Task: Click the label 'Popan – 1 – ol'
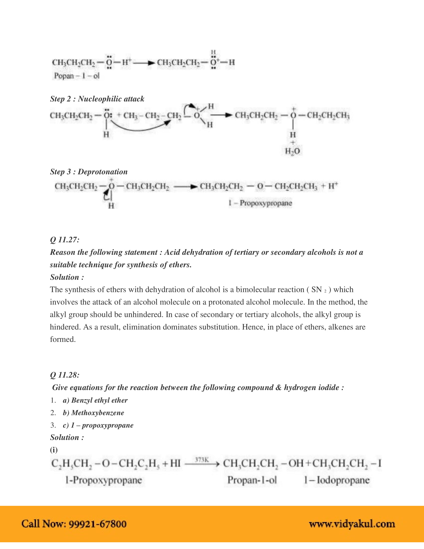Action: point(77,76)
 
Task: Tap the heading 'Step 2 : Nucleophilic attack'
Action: point(97,99)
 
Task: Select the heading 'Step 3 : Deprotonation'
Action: point(89,172)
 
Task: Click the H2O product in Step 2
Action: point(292,151)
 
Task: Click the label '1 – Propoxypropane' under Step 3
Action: point(260,203)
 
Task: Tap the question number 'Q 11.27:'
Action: point(65,240)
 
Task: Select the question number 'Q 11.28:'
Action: point(65,375)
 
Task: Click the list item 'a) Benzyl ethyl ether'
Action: point(95,400)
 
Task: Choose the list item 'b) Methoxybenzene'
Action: point(93,413)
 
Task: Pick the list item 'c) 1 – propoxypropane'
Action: point(98,425)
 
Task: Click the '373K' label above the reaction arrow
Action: point(202,460)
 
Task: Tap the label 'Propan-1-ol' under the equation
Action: point(252,480)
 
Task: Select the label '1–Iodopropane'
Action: point(337,480)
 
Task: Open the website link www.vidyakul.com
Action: point(352,524)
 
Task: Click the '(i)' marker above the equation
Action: point(54,450)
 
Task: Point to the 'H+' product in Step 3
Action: point(333,186)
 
